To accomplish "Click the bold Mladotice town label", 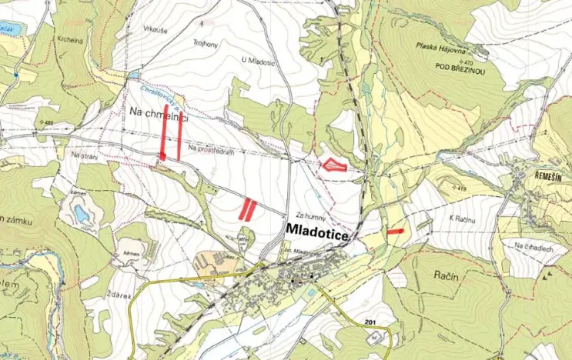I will point(316,230).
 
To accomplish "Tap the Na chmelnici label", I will point(159,113).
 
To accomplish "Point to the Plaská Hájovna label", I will point(444,47).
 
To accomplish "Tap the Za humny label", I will point(306,215).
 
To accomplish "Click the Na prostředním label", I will point(209,148).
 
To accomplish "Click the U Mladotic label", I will point(257,62).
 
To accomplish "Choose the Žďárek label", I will point(125,295).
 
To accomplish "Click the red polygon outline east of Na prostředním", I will point(333,163).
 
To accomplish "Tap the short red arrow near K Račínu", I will point(396,231).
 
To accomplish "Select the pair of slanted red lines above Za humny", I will point(247,209).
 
